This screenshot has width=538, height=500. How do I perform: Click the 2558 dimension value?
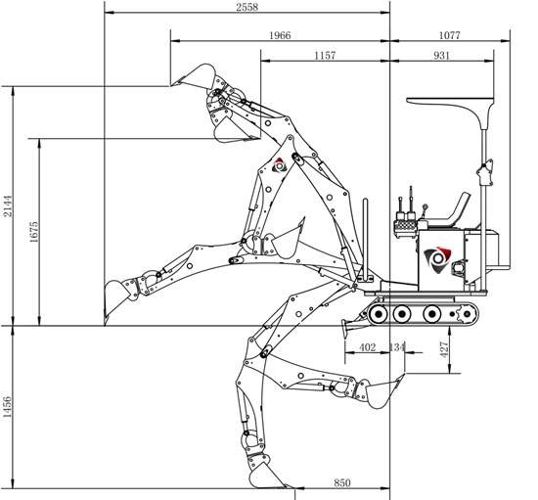[x=247, y=7]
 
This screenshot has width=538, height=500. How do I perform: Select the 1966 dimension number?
[x=280, y=35]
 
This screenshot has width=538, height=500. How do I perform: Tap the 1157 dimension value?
[x=325, y=55]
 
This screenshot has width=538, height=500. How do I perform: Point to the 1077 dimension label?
[x=450, y=35]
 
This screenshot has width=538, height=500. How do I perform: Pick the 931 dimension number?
[x=441, y=55]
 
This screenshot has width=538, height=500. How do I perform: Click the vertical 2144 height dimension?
[x=8, y=205]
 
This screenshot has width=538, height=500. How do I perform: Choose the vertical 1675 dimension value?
[x=34, y=232]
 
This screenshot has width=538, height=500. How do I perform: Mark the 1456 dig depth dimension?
[x=7, y=407]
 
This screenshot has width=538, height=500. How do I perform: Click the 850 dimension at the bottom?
[x=342, y=482]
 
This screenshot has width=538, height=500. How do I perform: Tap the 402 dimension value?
[x=368, y=347]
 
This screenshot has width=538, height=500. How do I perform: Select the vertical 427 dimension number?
[x=444, y=349]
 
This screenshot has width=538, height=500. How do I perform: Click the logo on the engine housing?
[x=438, y=258]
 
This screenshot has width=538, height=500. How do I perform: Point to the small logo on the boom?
[x=279, y=165]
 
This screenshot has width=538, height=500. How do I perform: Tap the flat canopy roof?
[x=451, y=103]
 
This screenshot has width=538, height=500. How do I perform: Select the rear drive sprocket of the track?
[x=467, y=314]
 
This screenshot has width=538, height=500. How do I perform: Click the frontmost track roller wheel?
[x=379, y=314]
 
